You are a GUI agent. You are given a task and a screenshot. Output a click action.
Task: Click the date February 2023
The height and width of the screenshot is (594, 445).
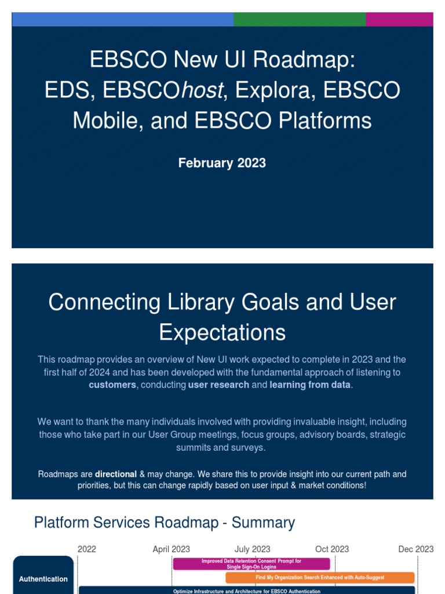(222, 163)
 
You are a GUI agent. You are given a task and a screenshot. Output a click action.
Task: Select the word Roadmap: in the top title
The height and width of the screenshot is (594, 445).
(313, 60)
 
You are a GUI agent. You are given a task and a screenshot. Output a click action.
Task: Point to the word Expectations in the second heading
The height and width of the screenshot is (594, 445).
(222, 332)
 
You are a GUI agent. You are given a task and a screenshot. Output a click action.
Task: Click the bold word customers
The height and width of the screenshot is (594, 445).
(112, 385)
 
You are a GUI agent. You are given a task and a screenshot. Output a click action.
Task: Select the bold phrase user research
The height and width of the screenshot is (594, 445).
(218, 385)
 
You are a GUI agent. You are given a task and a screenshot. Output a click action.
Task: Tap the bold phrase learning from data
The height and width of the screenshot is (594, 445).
(310, 385)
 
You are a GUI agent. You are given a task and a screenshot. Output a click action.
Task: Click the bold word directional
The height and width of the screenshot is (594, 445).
(116, 474)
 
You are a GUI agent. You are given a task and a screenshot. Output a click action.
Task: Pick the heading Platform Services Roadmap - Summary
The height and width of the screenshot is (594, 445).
(165, 522)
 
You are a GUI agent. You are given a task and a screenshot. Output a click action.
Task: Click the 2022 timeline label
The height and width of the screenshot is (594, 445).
(87, 549)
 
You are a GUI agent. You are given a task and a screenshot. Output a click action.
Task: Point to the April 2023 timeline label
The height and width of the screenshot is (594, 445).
(171, 549)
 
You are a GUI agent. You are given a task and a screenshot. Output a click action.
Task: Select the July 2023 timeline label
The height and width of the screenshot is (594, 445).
(252, 549)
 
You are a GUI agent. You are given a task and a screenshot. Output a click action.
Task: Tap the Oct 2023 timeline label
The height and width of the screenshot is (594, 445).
(332, 549)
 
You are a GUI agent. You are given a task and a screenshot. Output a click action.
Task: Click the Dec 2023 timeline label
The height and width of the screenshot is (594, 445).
(415, 549)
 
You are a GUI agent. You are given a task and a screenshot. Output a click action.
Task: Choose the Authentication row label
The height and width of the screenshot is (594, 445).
(43, 578)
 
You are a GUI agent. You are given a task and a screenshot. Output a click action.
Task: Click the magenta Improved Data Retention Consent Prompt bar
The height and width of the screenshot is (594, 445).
(251, 564)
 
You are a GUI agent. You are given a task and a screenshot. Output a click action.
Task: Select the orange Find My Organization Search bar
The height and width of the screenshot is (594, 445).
(320, 578)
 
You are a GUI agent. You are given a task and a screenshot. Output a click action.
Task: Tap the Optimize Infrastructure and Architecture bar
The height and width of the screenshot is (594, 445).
(247, 591)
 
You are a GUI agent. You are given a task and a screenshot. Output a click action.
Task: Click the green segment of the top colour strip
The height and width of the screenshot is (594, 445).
(300, 19)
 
